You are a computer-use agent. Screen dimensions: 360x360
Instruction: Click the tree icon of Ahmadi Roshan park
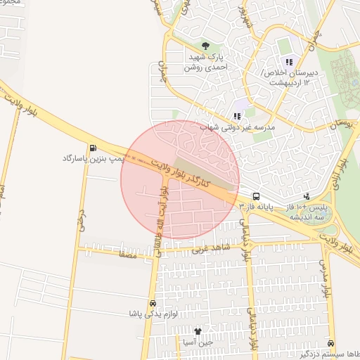coord(205,46)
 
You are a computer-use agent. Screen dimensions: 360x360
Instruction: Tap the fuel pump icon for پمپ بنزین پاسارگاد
coord(94,148)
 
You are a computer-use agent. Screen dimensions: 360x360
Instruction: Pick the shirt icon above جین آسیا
coord(198,330)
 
